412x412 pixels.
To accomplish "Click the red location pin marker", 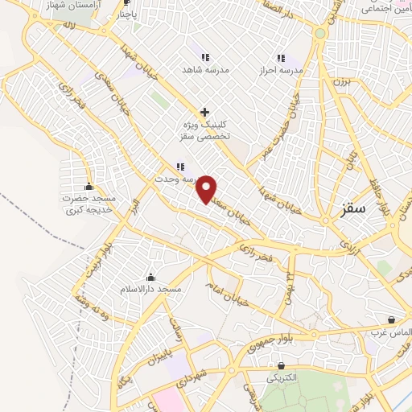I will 207,189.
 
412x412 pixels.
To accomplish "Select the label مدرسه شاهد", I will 206,70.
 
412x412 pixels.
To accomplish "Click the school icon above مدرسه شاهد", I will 205,58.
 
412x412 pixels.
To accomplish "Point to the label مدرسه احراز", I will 282,70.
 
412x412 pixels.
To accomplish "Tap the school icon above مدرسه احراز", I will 281,58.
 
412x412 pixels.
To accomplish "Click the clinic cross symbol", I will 205,112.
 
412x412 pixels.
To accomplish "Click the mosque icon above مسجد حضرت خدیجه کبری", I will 89,186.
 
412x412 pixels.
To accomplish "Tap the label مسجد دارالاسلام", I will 151,288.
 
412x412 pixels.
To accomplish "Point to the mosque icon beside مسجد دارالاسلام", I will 150,277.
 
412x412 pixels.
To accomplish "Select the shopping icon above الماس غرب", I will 391,319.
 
